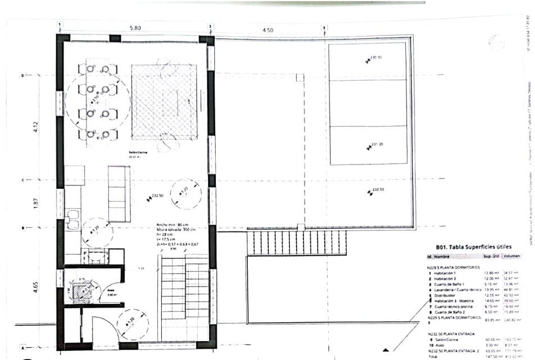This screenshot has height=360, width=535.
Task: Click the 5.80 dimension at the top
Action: [x=134, y=28]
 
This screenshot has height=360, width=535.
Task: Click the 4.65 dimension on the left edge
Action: [x=35, y=287]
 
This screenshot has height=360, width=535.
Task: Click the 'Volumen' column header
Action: [x=511, y=256]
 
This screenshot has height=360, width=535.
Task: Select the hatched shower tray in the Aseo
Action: [x=79, y=290]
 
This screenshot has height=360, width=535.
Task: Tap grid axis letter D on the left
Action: [x=23, y=75]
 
